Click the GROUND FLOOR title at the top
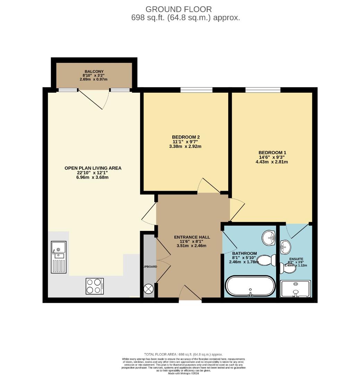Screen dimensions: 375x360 178,9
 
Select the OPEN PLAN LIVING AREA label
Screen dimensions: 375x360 93,168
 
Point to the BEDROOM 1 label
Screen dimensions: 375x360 272,152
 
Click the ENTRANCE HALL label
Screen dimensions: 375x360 192,237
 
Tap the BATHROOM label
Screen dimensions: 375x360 244,253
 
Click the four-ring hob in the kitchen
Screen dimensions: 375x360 95,286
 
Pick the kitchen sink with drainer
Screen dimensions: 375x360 58,257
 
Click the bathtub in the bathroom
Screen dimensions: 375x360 250,286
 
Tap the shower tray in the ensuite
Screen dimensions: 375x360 295,289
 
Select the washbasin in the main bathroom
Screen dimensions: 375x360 268,238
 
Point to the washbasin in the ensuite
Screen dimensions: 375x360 285,247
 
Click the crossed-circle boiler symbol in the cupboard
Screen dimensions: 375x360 149,289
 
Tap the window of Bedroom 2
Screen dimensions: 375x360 196,90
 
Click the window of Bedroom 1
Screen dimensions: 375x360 263,90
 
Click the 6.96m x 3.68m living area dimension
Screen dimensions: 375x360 93,177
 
